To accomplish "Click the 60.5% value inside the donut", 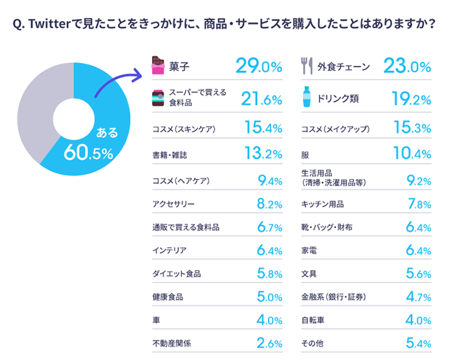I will coord(88,150).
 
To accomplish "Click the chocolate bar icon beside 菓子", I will coord(158,67).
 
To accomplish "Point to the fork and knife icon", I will coord(306,67).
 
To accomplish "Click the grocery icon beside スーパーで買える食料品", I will coord(158,98).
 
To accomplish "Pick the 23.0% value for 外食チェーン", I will coord(407,67).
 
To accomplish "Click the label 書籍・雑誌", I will coord(170,154).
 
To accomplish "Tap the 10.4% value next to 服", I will coord(412,154).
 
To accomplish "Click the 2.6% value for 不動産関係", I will coord(269,343).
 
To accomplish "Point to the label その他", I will coord(312,343).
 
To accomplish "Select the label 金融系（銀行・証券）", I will coord(333,296).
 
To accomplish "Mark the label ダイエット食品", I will coord(176,273).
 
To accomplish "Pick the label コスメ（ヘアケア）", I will coord(181,181).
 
